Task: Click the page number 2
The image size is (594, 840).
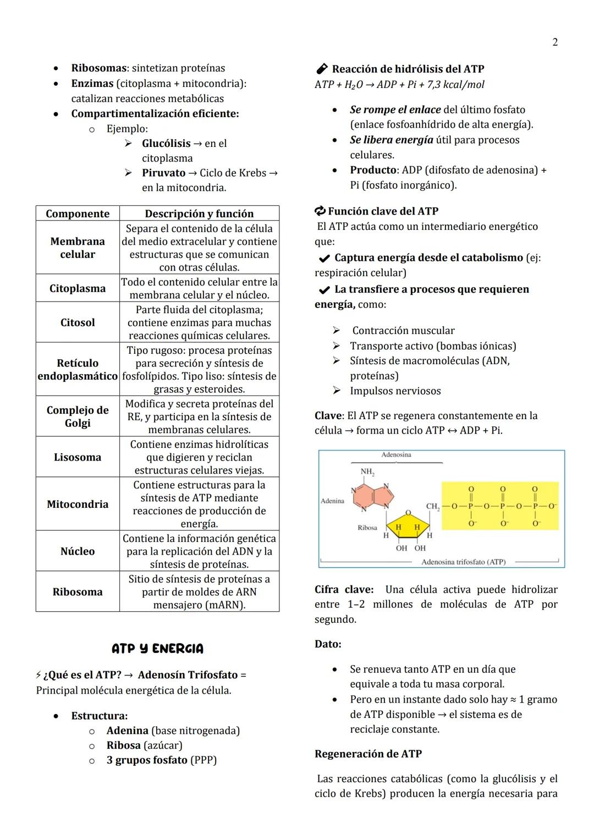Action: [x=555, y=42]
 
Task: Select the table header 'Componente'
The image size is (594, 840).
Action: [x=78, y=213]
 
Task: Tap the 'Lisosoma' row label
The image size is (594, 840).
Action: [x=78, y=457]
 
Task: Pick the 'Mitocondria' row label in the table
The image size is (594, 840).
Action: [x=78, y=504]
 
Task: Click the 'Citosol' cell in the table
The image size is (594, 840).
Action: [x=78, y=322]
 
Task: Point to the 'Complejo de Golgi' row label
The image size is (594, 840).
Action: [x=78, y=416]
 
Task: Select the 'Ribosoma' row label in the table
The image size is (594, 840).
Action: [x=78, y=592]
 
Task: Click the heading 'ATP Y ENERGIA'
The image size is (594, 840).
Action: [x=157, y=649]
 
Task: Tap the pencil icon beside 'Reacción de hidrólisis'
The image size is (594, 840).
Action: [x=322, y=69]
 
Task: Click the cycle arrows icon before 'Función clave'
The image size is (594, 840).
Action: [x=320, y=211]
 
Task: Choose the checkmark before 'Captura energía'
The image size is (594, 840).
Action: [x=324, y=258]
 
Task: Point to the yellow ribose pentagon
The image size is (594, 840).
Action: [x=408, y=524]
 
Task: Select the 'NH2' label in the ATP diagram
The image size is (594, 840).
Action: [x=367, y=472]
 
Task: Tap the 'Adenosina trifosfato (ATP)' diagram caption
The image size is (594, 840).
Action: [x=463, y=562]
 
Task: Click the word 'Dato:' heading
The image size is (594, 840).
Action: [x=328, y=644]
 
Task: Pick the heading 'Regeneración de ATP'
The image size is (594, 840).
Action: [x=368, y=754]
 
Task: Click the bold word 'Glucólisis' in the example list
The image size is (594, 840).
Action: [x=166, y=144]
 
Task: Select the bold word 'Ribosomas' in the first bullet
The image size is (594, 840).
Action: [x=99, y=68]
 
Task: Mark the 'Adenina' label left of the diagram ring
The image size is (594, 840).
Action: [x=332, y=501]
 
